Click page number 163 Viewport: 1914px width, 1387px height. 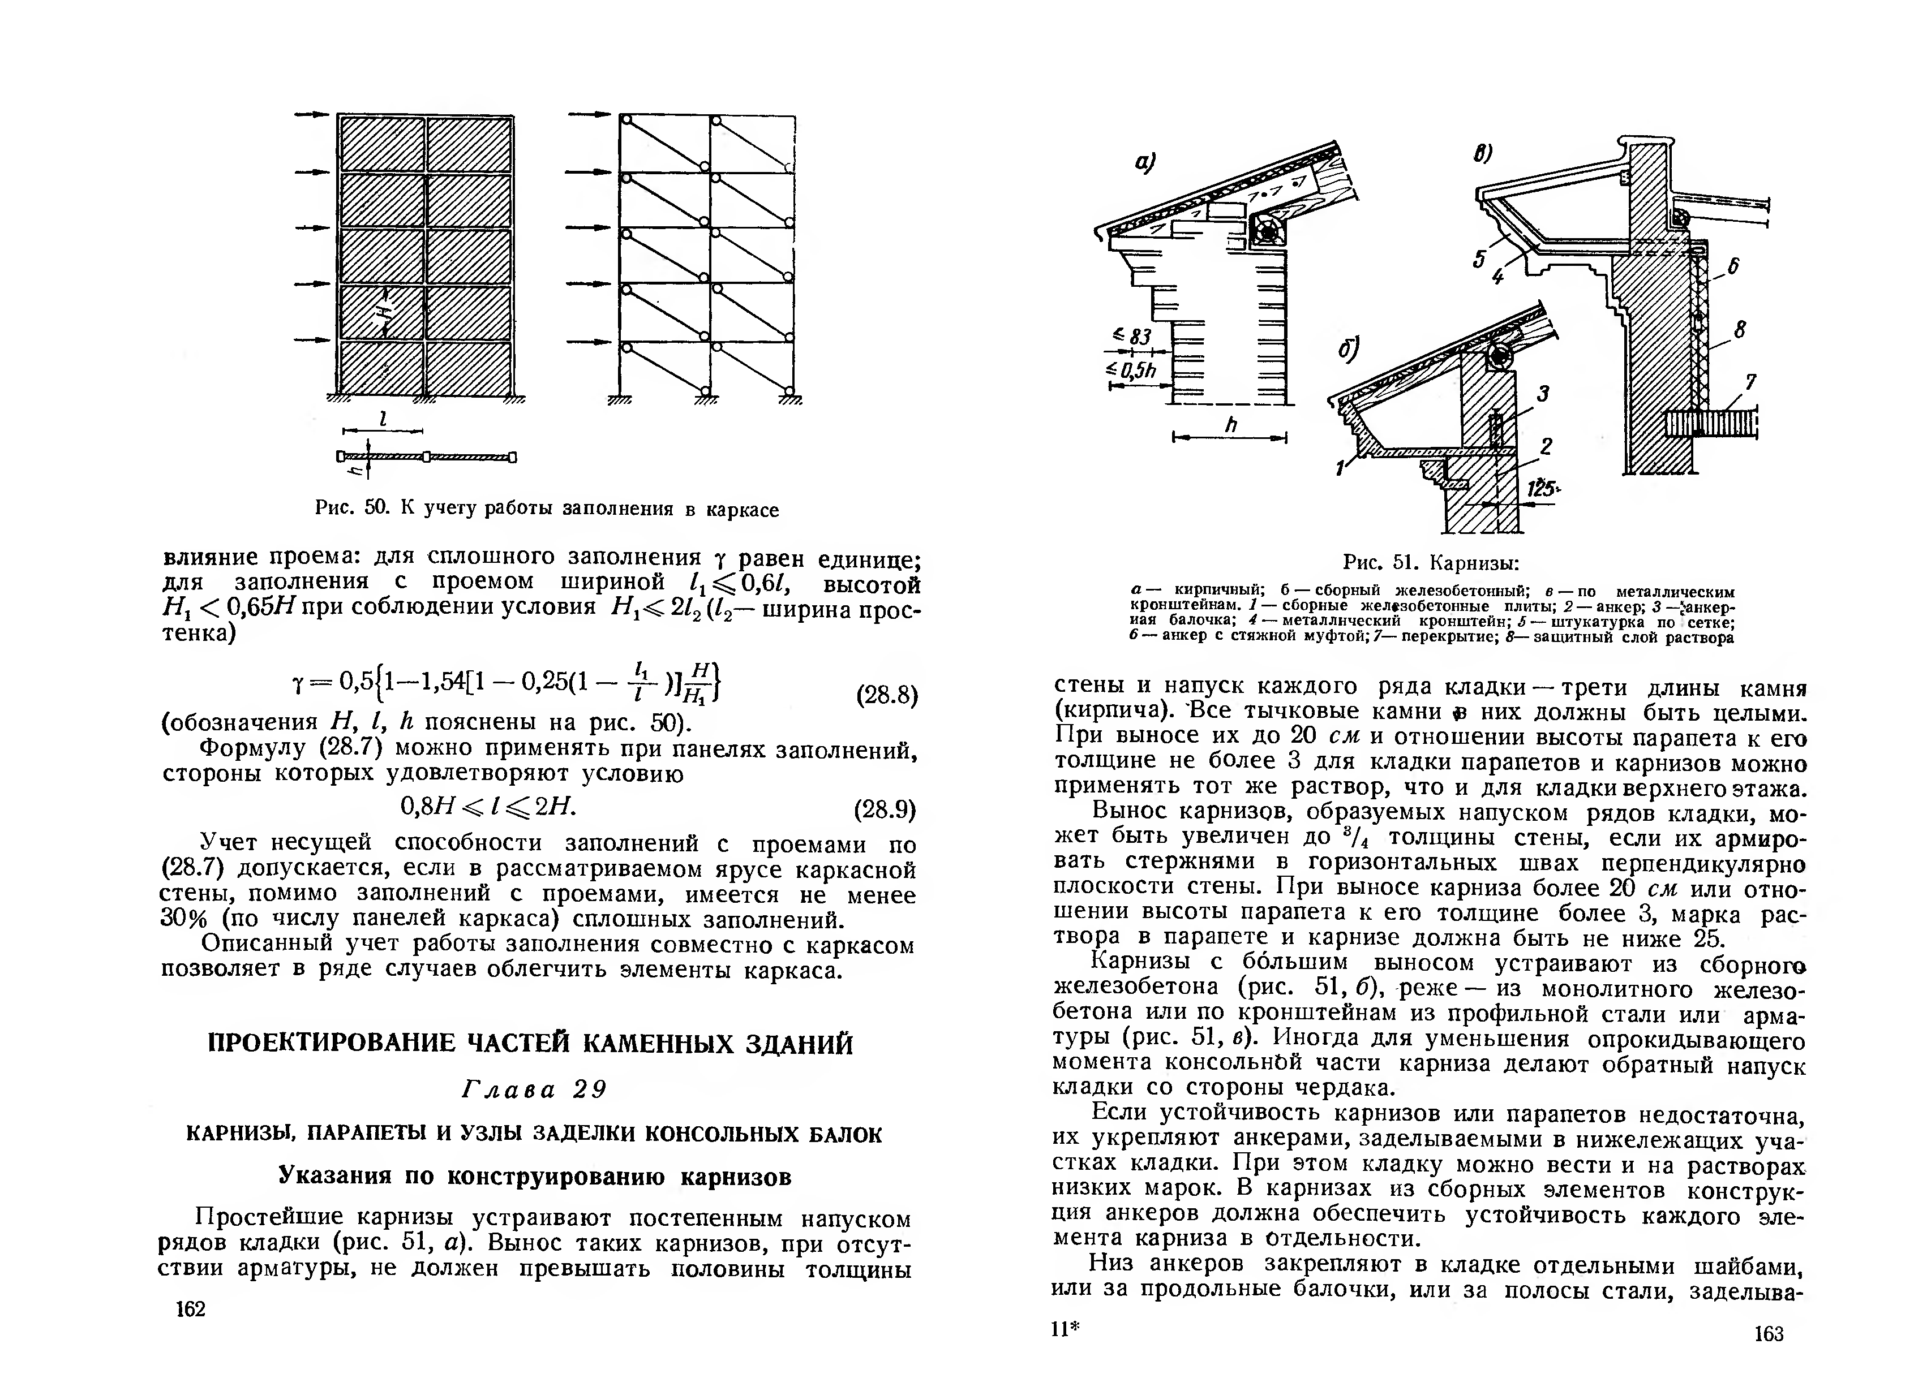coord(1769,1334)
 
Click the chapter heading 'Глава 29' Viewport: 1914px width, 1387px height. coord(535,1090)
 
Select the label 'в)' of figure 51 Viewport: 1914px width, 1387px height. coord(1483,154)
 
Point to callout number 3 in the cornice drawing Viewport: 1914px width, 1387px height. coord(1543,393)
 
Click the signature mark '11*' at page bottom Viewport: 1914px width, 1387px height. coord(1066,1330)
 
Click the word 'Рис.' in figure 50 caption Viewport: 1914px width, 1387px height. coord(333,508)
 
